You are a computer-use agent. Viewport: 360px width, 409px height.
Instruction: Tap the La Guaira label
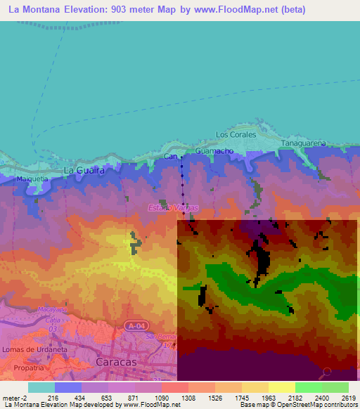click(84, 171)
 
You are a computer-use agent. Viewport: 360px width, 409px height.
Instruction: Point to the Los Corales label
click(236, 134)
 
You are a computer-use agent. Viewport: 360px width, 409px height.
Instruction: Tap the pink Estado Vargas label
click(173, 207)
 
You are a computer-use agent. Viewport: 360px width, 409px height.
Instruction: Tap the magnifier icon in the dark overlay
click(328, 372)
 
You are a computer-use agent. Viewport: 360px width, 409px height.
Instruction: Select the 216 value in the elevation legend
click(41, 397)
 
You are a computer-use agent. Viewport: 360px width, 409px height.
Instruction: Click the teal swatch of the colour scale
click(41, 387)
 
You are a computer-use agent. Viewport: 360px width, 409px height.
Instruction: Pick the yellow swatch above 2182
click(281, 387)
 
